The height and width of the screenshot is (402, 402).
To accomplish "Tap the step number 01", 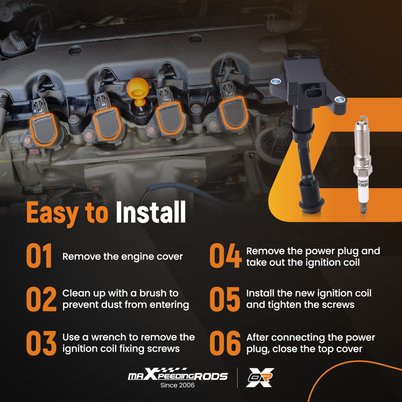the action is coord(39,256).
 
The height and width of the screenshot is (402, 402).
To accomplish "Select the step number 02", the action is coord(41,299).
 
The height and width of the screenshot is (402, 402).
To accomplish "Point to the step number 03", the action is coord(41,343).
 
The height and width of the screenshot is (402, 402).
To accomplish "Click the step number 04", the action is coord(226,256).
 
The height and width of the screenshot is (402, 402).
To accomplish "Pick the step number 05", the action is coord(225,299).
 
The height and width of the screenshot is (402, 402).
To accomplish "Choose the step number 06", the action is coord(225,343).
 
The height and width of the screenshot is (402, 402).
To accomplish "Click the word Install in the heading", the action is coord(151,212).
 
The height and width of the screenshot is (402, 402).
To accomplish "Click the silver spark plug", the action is coord(362,164).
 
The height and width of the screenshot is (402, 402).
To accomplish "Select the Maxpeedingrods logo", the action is coord(178,374).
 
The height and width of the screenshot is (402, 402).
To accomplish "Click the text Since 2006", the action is coord(177,385).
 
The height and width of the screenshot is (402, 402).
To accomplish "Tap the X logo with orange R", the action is coord(260,377).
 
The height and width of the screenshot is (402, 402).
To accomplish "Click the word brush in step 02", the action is coord(152,293).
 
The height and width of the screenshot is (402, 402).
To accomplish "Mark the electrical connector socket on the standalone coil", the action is coord(312,92).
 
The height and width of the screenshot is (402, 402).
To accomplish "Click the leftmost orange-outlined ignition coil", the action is coord(43,129).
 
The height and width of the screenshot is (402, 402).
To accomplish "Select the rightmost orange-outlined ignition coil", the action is coord(234,112).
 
